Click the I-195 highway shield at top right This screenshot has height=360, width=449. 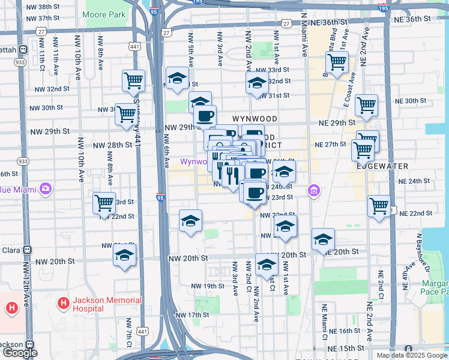(383, 8)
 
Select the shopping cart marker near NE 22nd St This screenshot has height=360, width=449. (379, 206)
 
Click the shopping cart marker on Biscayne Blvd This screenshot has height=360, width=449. (337, 62)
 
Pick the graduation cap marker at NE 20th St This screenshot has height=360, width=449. (323, 239)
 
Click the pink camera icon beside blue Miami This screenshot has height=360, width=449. (46, 189)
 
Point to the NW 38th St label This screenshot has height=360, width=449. (44, 7)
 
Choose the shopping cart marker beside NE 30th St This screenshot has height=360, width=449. (366, 106)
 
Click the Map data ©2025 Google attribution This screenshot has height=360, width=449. (411, 355)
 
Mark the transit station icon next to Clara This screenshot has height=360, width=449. (26, 250)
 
